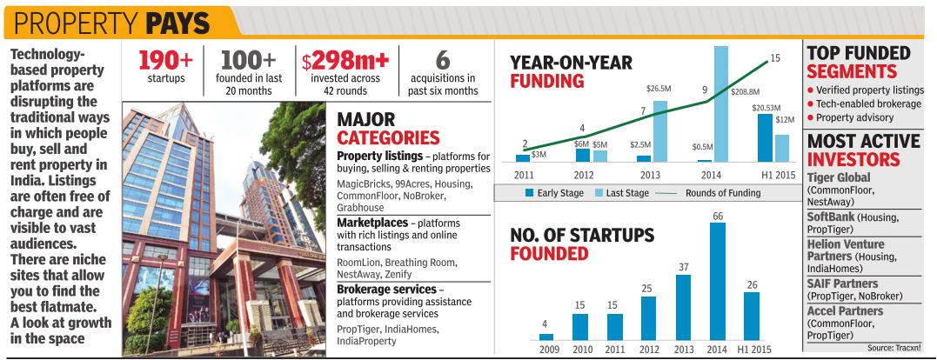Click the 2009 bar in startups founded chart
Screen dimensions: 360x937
coord(545,336)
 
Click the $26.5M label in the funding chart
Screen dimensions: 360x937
coord(659,89)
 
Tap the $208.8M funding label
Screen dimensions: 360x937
coord(744,91)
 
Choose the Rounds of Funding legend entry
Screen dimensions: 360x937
coord(725,192)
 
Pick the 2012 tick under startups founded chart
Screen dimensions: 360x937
coord(648,350)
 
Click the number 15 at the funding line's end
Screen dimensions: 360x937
coord(775,59)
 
